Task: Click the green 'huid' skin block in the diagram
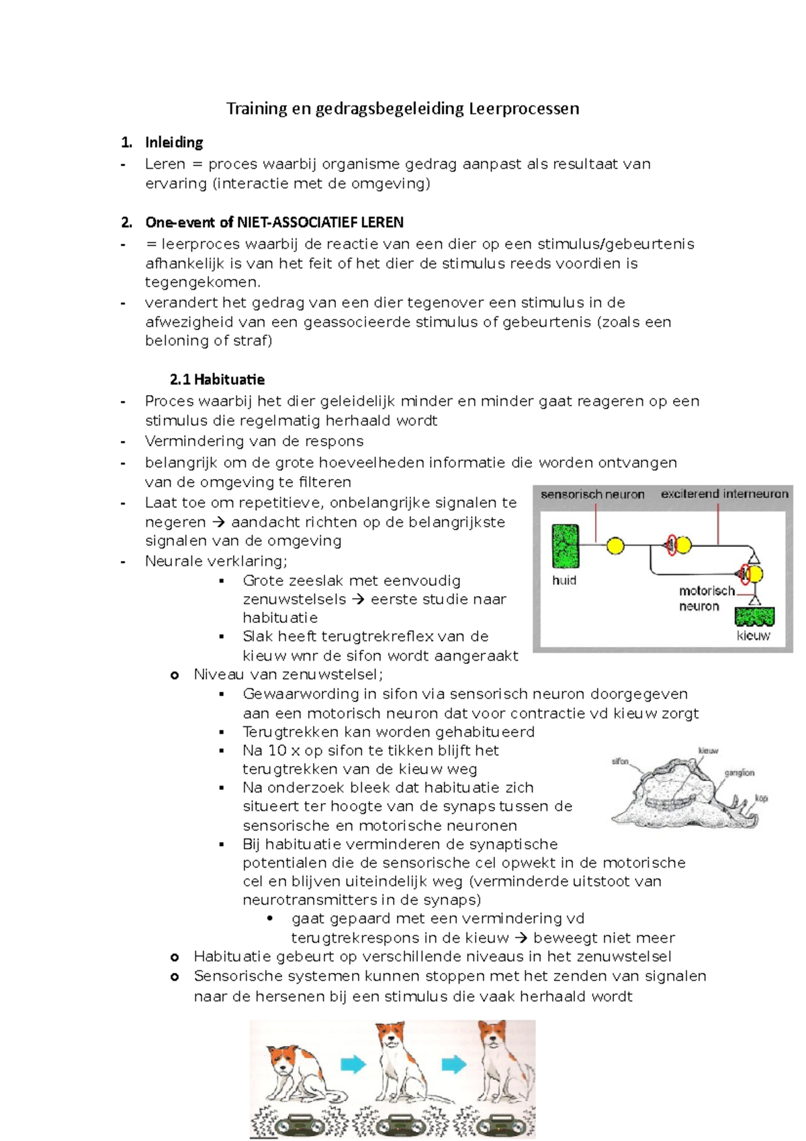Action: (565, 546)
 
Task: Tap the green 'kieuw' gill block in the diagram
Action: (754, 616)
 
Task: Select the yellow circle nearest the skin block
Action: (615, 546)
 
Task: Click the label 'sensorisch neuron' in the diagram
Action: (592, 495)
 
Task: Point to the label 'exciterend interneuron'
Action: (724, 494)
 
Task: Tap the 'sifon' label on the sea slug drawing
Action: (620, 761)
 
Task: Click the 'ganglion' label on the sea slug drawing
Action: (739, 773)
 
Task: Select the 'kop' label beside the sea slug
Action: (761, 798)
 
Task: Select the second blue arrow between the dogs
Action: (453, 1064)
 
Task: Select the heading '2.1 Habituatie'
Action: (217, 379)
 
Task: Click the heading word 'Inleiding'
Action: (174, 142)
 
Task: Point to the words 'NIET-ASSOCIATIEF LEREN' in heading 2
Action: (320, 222)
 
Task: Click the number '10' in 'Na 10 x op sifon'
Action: (277, 751)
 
